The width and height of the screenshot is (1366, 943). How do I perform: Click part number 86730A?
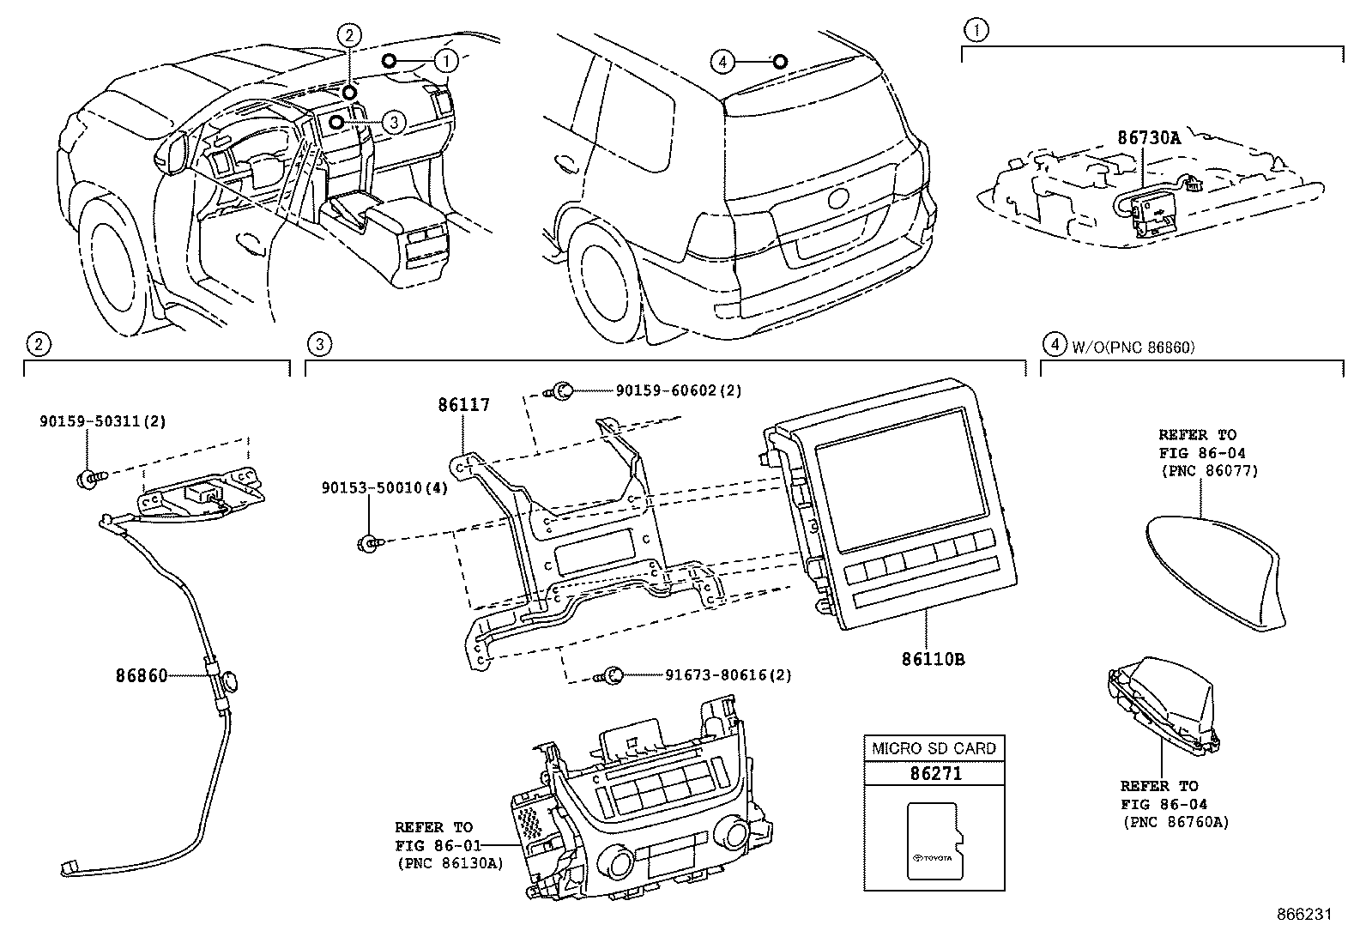[x=1148, y=136]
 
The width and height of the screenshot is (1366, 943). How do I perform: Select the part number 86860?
[x=142, y=676]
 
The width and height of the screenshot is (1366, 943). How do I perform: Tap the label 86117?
[x=463, y=405]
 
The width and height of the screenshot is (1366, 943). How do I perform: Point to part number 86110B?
[x=933, y=660]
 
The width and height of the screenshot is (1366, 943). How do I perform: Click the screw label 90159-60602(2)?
[x=678, y=390]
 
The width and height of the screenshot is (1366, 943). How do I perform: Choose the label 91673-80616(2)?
[x=728, y=675]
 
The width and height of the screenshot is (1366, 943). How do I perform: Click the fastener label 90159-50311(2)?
[x=101, y=421]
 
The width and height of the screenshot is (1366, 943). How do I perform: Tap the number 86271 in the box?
[x=934, y=773]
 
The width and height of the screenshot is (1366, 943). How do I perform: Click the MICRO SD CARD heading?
[x=934, y=748]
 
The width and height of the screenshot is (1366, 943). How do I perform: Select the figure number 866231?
[x=1303, y=915]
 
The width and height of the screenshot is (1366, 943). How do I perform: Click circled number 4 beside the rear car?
[x=723, y=61]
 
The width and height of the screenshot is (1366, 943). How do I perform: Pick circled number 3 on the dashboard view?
[x=393, y=123]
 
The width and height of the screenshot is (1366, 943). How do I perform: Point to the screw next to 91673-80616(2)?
[x=611, y=675]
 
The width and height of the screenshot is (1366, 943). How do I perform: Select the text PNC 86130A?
[x=449, y=863]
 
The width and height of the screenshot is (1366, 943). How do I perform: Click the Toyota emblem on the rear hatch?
[x=838, y=198]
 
